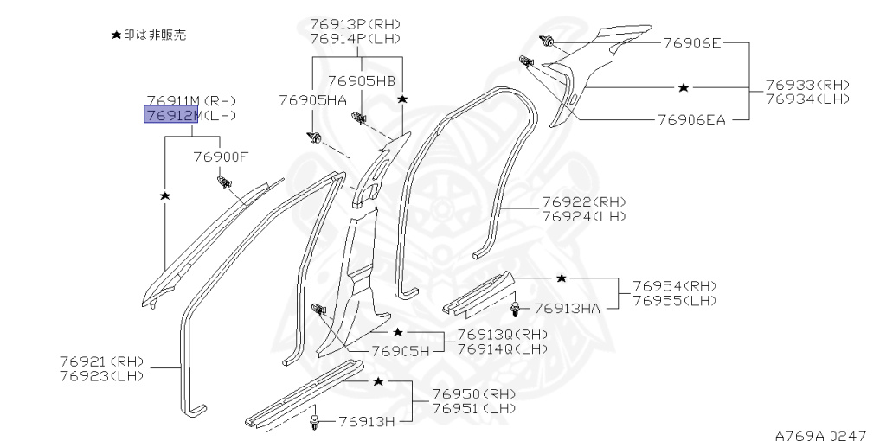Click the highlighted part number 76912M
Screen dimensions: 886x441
[x=171, y=115]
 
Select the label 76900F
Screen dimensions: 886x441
[x=221, y=157]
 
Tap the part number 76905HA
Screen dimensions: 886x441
[x=312, y=100]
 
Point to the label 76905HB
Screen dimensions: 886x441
[x=362, y=80]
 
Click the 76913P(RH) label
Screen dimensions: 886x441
[x=355, y=24]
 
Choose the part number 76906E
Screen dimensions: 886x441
[x=692, y=42]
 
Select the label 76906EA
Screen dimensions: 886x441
[x=691, y=119]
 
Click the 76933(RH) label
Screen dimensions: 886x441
[x=807, y=86]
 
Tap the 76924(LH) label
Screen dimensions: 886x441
[x=584, y=216]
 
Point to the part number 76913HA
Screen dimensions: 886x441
[x=568, y=309]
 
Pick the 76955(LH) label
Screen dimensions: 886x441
[x=675, y=300]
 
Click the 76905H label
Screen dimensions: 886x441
[x=401, y=351]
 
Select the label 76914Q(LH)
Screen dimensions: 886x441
[x=503, y=349]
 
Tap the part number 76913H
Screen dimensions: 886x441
[x=367, y=421]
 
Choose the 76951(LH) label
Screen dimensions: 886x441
[x=474, y=408]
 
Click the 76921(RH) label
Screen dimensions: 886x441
[x=102, y=361]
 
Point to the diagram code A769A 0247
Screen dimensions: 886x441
[x=820, y=435]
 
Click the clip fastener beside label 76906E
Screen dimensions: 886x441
[x=546, y=41]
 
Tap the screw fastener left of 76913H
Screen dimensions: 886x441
[x=313, y=421]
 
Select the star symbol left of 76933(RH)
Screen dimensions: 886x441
[x=684, y=87]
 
